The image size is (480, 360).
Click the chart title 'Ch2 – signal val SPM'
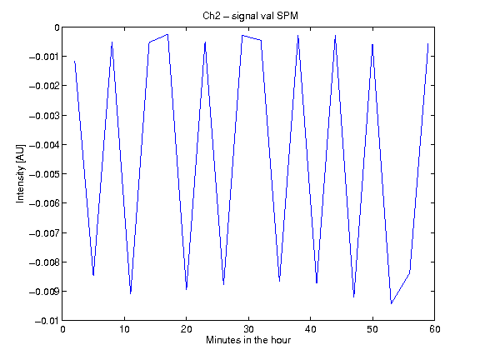pos(250,16)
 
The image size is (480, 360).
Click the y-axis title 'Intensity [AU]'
pos(20,173)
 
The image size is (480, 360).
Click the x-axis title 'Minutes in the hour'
pos(248,340)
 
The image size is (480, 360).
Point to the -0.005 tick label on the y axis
pos(44,174)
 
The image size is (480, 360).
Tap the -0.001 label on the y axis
pos(44,57)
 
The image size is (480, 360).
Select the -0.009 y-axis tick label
pos(44,292)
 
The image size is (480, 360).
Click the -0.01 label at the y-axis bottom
pos(47,321)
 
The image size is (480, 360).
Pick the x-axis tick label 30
pos(248,329)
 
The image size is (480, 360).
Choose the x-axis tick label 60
pos(435,329)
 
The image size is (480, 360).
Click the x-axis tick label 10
pos(124,329)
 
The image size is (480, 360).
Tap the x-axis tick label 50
pos(372,329)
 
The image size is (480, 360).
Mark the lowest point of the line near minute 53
pos(391,303)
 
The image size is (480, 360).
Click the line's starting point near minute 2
pos(74,62)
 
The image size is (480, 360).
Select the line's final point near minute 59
pos(428,44)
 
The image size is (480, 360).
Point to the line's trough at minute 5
pos(93,275)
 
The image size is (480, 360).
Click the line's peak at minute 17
pos(167,34)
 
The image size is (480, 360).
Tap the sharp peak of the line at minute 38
pos(297,36)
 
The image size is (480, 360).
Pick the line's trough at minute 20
pos(187,289)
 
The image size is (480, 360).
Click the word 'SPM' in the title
pos(287,16)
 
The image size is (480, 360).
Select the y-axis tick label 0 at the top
pos(57,27)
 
